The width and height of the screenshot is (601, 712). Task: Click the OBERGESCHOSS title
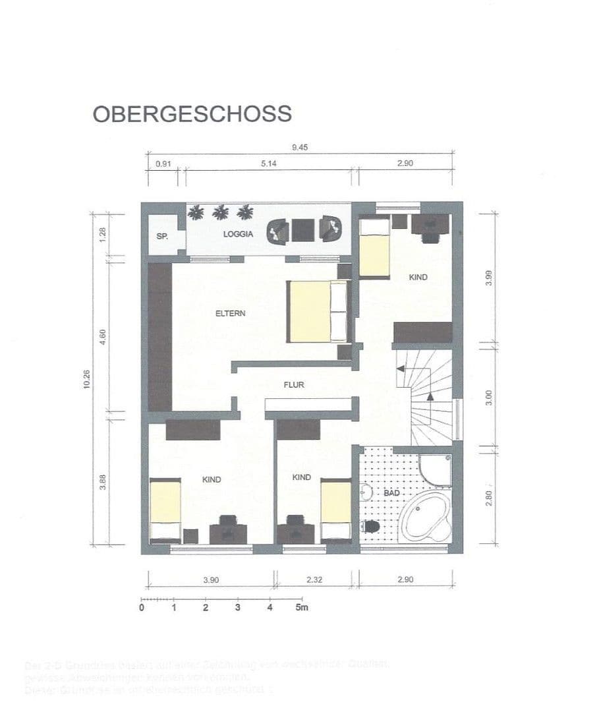[x=192, y=113]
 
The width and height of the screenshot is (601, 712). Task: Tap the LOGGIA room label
[x=239, y=233]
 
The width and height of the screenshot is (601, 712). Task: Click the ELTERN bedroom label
[x=230, y=313]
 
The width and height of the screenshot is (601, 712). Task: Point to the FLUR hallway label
[x=294, y=385]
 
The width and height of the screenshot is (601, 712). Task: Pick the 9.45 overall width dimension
[x=299, y=148]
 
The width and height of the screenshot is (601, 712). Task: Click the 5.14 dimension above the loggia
[x=268, y=164]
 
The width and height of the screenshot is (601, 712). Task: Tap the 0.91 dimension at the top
[x=161, y=164]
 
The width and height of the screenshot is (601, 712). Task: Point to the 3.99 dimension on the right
[x=489, y=277]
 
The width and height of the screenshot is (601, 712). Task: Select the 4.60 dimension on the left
[x=102, y=335]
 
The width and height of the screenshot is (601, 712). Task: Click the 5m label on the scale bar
[x=301, y=607]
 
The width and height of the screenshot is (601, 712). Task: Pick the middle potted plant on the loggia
[x=220, y=212]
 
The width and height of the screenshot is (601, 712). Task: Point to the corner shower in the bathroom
[x=436, y=469]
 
